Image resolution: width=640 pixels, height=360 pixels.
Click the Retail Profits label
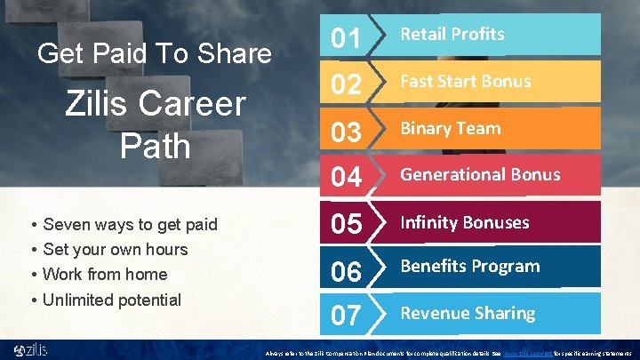click(452, 35)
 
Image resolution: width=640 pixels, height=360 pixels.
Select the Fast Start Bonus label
click(465, 81)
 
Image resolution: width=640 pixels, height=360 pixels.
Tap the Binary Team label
click(450, 128)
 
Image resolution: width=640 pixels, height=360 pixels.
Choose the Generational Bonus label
click(480, 174)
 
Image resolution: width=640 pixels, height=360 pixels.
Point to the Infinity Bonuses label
click(464, 222)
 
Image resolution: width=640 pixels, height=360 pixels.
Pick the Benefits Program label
click(470, 266)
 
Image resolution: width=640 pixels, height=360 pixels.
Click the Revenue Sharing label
click(468, 313)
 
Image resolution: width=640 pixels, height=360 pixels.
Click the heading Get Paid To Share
click(155, 53)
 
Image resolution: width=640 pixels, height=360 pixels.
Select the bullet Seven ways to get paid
click(130, 224)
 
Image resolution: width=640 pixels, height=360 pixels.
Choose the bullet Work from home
click(105, 274)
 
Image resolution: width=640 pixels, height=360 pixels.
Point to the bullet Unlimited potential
click(111, 300)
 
